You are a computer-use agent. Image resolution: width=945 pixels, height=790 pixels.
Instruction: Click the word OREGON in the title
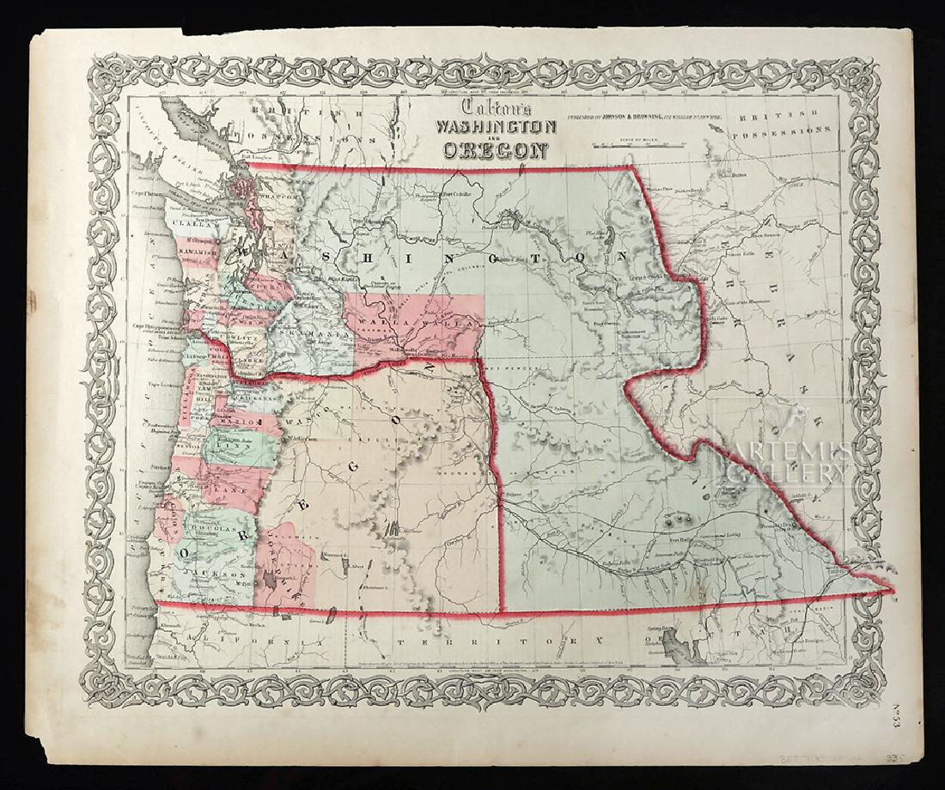(x=496, y=151)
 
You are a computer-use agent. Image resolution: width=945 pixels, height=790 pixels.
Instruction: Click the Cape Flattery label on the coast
(x=148, y=194)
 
